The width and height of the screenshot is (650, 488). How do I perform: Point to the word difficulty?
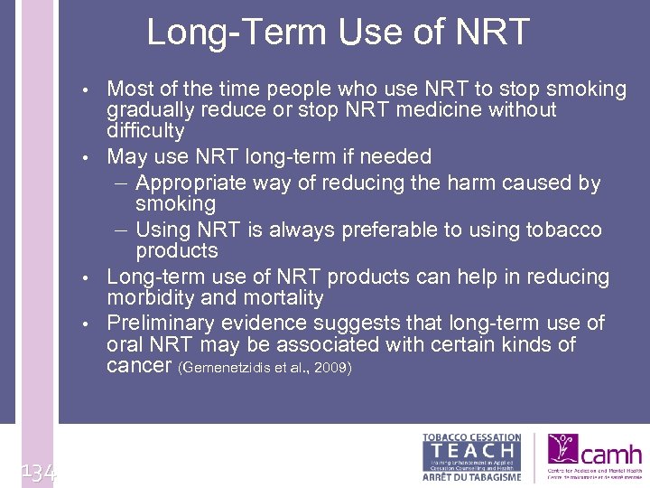tap(145, 132)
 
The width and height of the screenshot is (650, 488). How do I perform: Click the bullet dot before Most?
tap(84, 90)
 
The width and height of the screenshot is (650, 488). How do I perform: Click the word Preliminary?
tap(161, 323)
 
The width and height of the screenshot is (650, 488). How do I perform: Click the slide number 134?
tap(36, 470)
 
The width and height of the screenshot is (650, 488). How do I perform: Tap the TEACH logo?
tap(472, 456)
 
